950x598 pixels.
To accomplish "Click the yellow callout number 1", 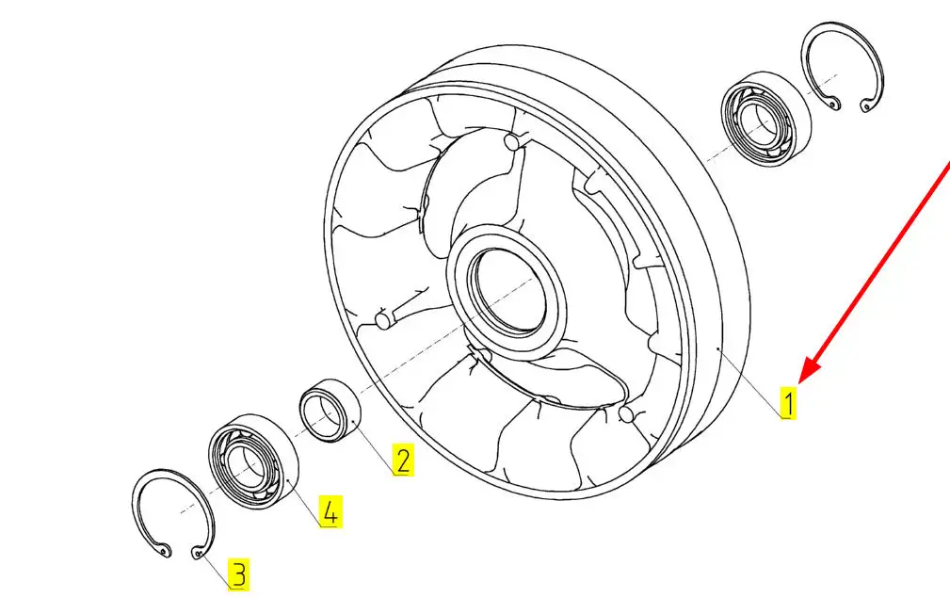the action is (788, 403).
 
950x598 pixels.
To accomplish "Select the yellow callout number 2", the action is (403, 460).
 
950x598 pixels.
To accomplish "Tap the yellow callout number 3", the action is (239, 574).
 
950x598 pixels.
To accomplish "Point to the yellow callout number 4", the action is (330, 511).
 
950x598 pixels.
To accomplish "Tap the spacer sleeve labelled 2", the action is (330, 411).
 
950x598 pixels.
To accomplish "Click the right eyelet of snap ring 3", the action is (197, 553).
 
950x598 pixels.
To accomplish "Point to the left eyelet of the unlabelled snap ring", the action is (834, 105).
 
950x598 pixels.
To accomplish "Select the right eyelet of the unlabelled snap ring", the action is (866, 107).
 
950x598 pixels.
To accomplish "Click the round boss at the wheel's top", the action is (512, 141).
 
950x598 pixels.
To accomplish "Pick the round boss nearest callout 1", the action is (626, 413).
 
